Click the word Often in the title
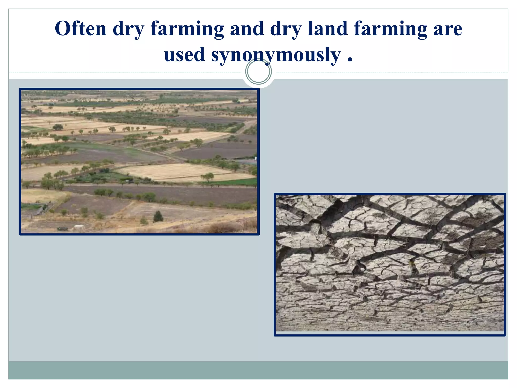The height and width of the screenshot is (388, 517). (x=81, y=29)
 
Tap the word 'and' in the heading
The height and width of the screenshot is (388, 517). (x=247, y=29)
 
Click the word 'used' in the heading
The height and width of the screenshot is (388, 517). (x=184, y=55)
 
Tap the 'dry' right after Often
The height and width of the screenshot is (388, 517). (x=128, y=30)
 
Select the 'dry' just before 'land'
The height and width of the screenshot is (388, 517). (x=286, y=30)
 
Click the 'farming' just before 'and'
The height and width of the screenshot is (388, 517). (x=187, y=30)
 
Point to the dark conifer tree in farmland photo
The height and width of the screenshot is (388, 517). (x=158, y=216)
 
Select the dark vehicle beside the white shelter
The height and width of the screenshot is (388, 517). (x=62, y=229)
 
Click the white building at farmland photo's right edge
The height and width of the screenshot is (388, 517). (x=256, y=159)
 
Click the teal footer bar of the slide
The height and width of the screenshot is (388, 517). (x=258, y=370)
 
